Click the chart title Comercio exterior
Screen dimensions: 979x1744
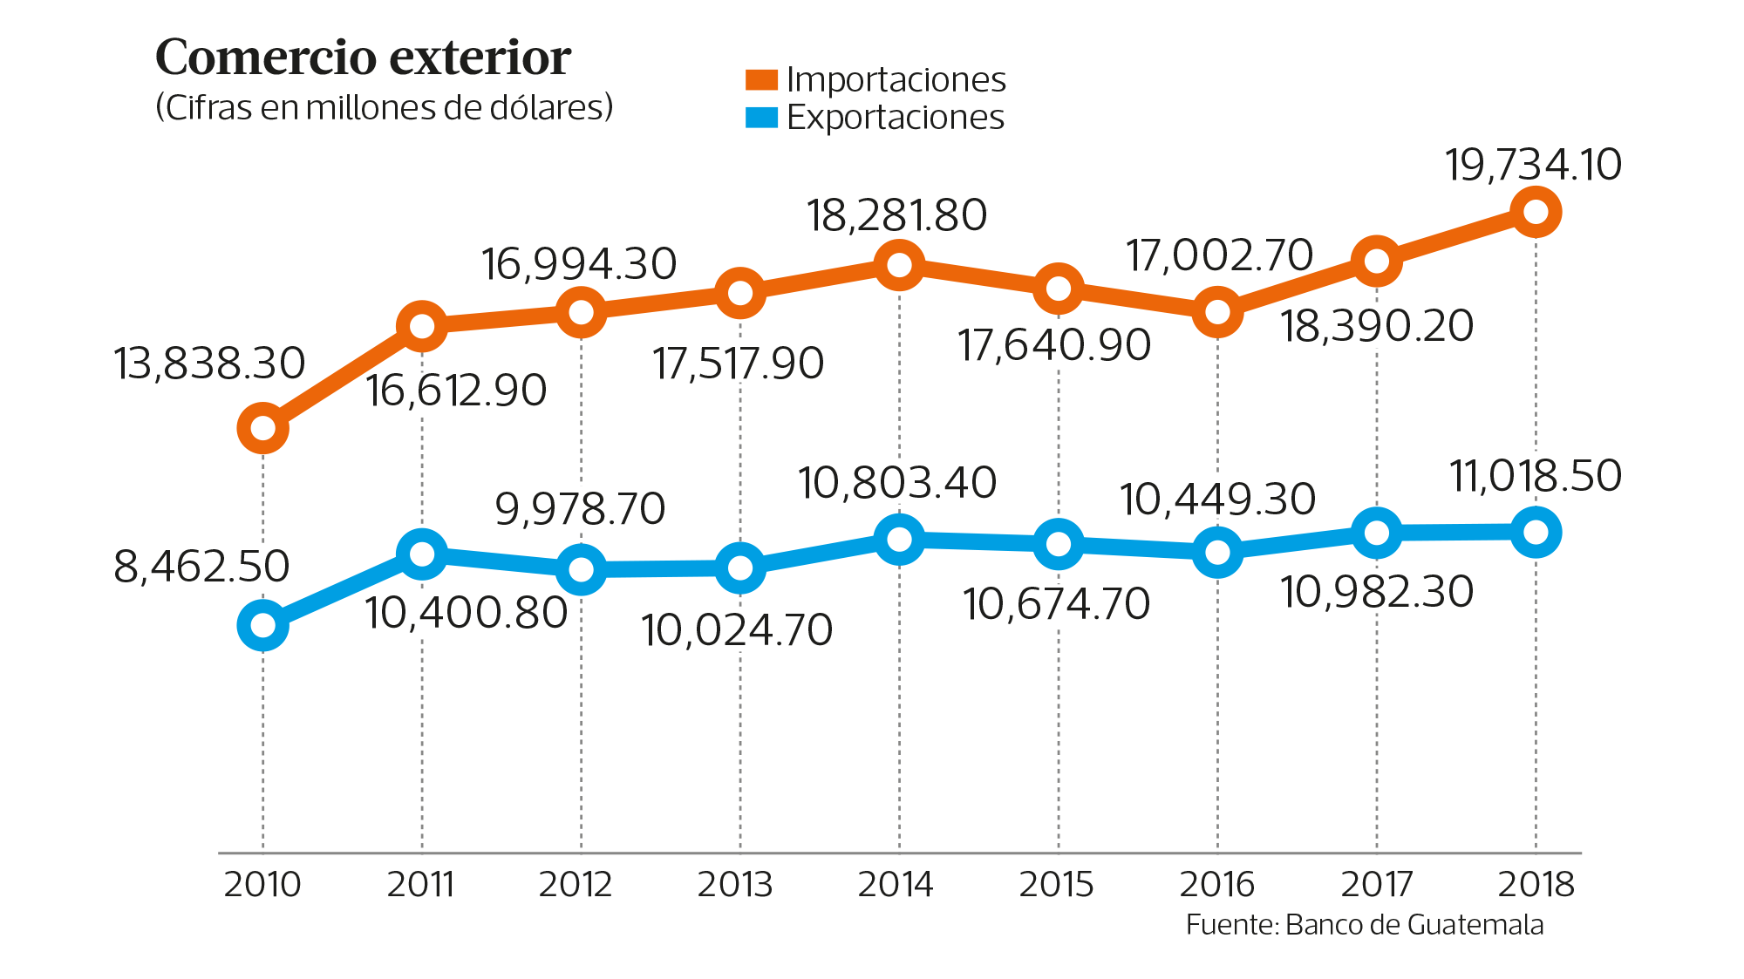[363, 58]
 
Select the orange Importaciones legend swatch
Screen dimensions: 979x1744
[761, 80]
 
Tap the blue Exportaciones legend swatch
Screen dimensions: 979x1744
[761, 118]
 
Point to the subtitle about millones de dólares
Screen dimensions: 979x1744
[384, 108]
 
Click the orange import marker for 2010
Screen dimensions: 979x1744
[262, 428]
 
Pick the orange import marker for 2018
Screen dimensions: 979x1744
[1535, 212]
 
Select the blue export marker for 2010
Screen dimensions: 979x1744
[262, 625]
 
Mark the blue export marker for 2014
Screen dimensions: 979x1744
[899, 539]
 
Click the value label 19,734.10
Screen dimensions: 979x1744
[1533, 165]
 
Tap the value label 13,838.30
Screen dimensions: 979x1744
[209, 364]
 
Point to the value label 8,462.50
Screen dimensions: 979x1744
[201, 567]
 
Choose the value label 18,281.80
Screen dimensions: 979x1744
[896, 215]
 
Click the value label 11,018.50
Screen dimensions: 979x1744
[1535, 476]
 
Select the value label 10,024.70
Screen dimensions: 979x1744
[737, 630]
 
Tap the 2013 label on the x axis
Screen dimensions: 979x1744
[735, 885]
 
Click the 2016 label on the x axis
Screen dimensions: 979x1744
[1216, 885]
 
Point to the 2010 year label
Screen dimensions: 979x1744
[262, 885]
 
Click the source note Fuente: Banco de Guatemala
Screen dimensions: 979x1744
[1364, 925]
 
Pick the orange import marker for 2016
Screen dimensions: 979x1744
[1216, 311]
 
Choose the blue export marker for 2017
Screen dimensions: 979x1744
[1376, 533]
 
